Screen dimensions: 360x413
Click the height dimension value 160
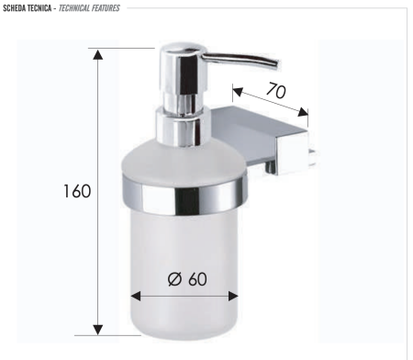point(76,192)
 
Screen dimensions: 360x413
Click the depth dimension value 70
point(273,93)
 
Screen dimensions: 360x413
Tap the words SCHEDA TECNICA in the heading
point(28,7)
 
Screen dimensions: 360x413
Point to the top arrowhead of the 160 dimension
point(98,55)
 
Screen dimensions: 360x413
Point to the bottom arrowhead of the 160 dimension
point(98,327)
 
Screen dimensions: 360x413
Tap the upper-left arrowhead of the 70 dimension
point(237,92)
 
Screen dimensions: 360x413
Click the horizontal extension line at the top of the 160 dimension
point(124,48)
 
